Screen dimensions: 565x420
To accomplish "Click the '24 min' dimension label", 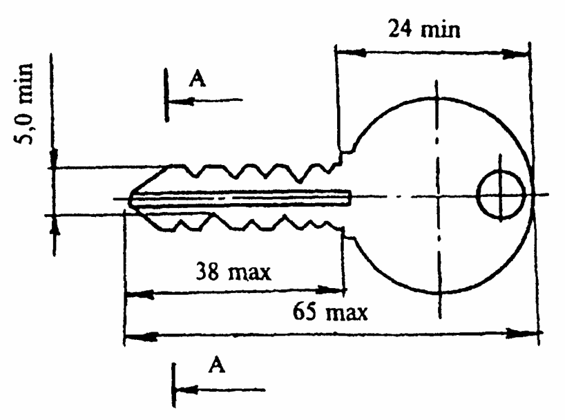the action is (x=424, y=28).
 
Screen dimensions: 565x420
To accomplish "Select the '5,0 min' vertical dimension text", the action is (x=23, y=104).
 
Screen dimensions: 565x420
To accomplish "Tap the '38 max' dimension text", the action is (x=233, y=272).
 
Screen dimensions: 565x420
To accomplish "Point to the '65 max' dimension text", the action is (x=330, y=312).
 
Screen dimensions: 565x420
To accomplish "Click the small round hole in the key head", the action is (x=501, y=195).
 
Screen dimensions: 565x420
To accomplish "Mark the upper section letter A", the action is (x=197, y=78).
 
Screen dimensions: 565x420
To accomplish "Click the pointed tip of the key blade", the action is (x=129, y=199).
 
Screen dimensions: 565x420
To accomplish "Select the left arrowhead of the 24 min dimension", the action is (x=350, y=52).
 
